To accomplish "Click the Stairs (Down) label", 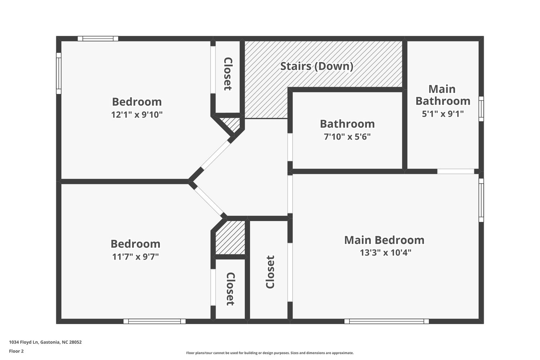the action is point(316,66).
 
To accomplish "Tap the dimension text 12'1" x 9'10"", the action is point(137,114).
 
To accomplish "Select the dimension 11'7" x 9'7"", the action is point(135,257).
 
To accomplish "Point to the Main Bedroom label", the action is point(384,240).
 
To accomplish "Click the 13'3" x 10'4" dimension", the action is point(386,253).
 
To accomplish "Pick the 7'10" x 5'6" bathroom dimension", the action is point(347,137).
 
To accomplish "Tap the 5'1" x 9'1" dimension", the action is point(442,113).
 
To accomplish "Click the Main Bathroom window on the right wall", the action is point(481,109).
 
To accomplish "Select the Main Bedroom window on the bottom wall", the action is point(386,321).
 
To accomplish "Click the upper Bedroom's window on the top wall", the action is point(98,39).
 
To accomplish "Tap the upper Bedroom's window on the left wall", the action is point(59,73).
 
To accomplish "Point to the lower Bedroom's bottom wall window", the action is point(154,321).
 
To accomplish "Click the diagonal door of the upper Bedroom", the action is point(216,155).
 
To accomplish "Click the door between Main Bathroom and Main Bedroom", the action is point(456,171).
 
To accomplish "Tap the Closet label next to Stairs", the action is point(228,74).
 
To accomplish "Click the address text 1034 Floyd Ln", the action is point(24,342).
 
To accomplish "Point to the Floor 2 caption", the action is point(17,351).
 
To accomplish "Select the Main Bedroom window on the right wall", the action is point(481,200).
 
